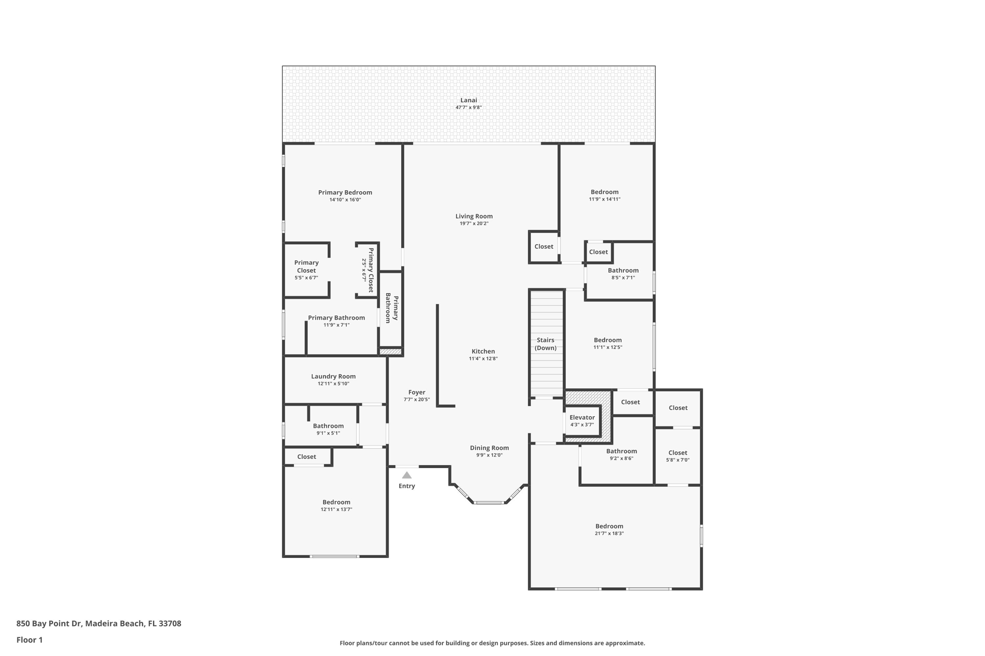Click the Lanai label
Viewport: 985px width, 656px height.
(x=468, y=100)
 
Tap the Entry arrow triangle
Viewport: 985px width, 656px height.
(x=407, y=475)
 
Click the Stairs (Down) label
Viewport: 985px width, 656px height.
(x=545, y=344)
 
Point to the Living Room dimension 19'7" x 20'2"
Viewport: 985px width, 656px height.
(x=474, y=223)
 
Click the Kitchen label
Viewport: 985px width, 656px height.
(x=483, y=351)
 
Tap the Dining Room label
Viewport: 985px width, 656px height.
(x=489, y=448)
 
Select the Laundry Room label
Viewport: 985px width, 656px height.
(x=333, y=376)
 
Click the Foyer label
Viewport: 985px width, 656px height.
(x=417, y=392)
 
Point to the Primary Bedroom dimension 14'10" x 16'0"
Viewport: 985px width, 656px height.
(x=345, y=200)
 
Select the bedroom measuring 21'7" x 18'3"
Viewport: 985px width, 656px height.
(x=609, y=529)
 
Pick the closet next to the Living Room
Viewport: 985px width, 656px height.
(x=543, y=247)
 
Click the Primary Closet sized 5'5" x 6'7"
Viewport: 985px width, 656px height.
(x=306, y=270)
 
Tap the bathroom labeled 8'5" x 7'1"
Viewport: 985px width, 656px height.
(x=623, y=273)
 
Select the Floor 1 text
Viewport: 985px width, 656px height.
(x=29, y=640)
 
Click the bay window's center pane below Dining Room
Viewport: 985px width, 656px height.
(x=489, y=503)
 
